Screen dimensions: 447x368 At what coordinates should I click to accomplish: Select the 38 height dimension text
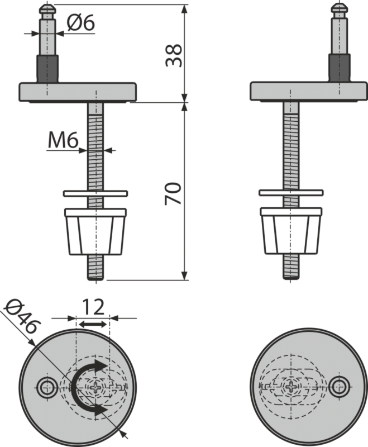[174, 54]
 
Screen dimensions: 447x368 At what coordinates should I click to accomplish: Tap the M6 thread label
[62, 141]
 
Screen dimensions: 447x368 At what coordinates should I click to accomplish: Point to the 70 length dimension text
[173, 192]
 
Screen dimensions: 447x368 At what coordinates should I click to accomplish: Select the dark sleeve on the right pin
[340, 68]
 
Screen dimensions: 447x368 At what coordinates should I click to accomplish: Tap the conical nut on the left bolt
[95, 231]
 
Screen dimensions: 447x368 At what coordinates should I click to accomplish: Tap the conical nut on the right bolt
[291, 231]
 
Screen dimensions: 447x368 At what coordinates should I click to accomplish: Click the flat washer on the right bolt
[291, 193]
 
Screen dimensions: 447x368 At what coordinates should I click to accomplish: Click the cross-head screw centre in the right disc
[291, 386]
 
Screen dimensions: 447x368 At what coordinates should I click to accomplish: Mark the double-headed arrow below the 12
[92, 324]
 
